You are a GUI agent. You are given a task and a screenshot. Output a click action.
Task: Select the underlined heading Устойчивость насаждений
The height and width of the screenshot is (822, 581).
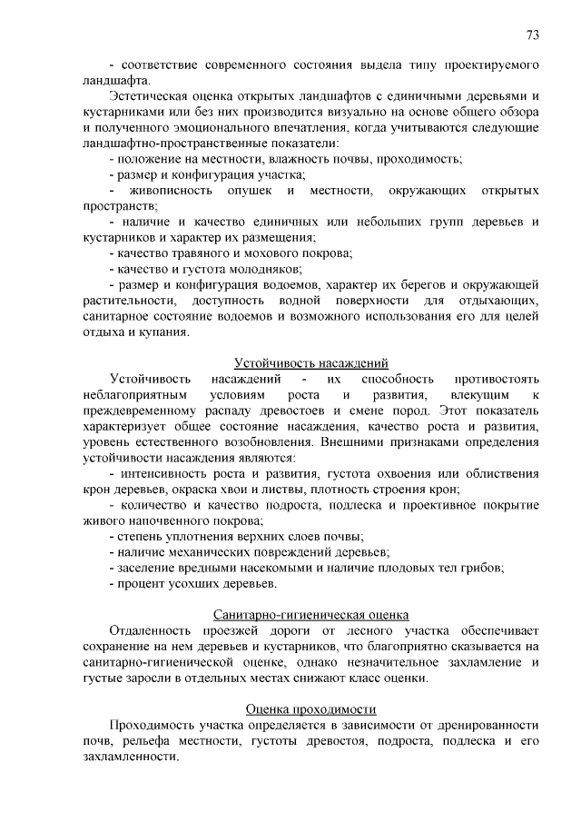click(x=311, y=362)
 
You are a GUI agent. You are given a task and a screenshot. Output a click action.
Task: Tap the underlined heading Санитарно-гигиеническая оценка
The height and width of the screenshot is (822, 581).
click(x=311, y=614)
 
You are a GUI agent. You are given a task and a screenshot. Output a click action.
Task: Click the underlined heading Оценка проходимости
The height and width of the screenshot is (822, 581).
click(x=311, y=708)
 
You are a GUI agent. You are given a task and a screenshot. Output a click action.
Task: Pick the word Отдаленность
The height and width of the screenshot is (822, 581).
click(x=150, y=629)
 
